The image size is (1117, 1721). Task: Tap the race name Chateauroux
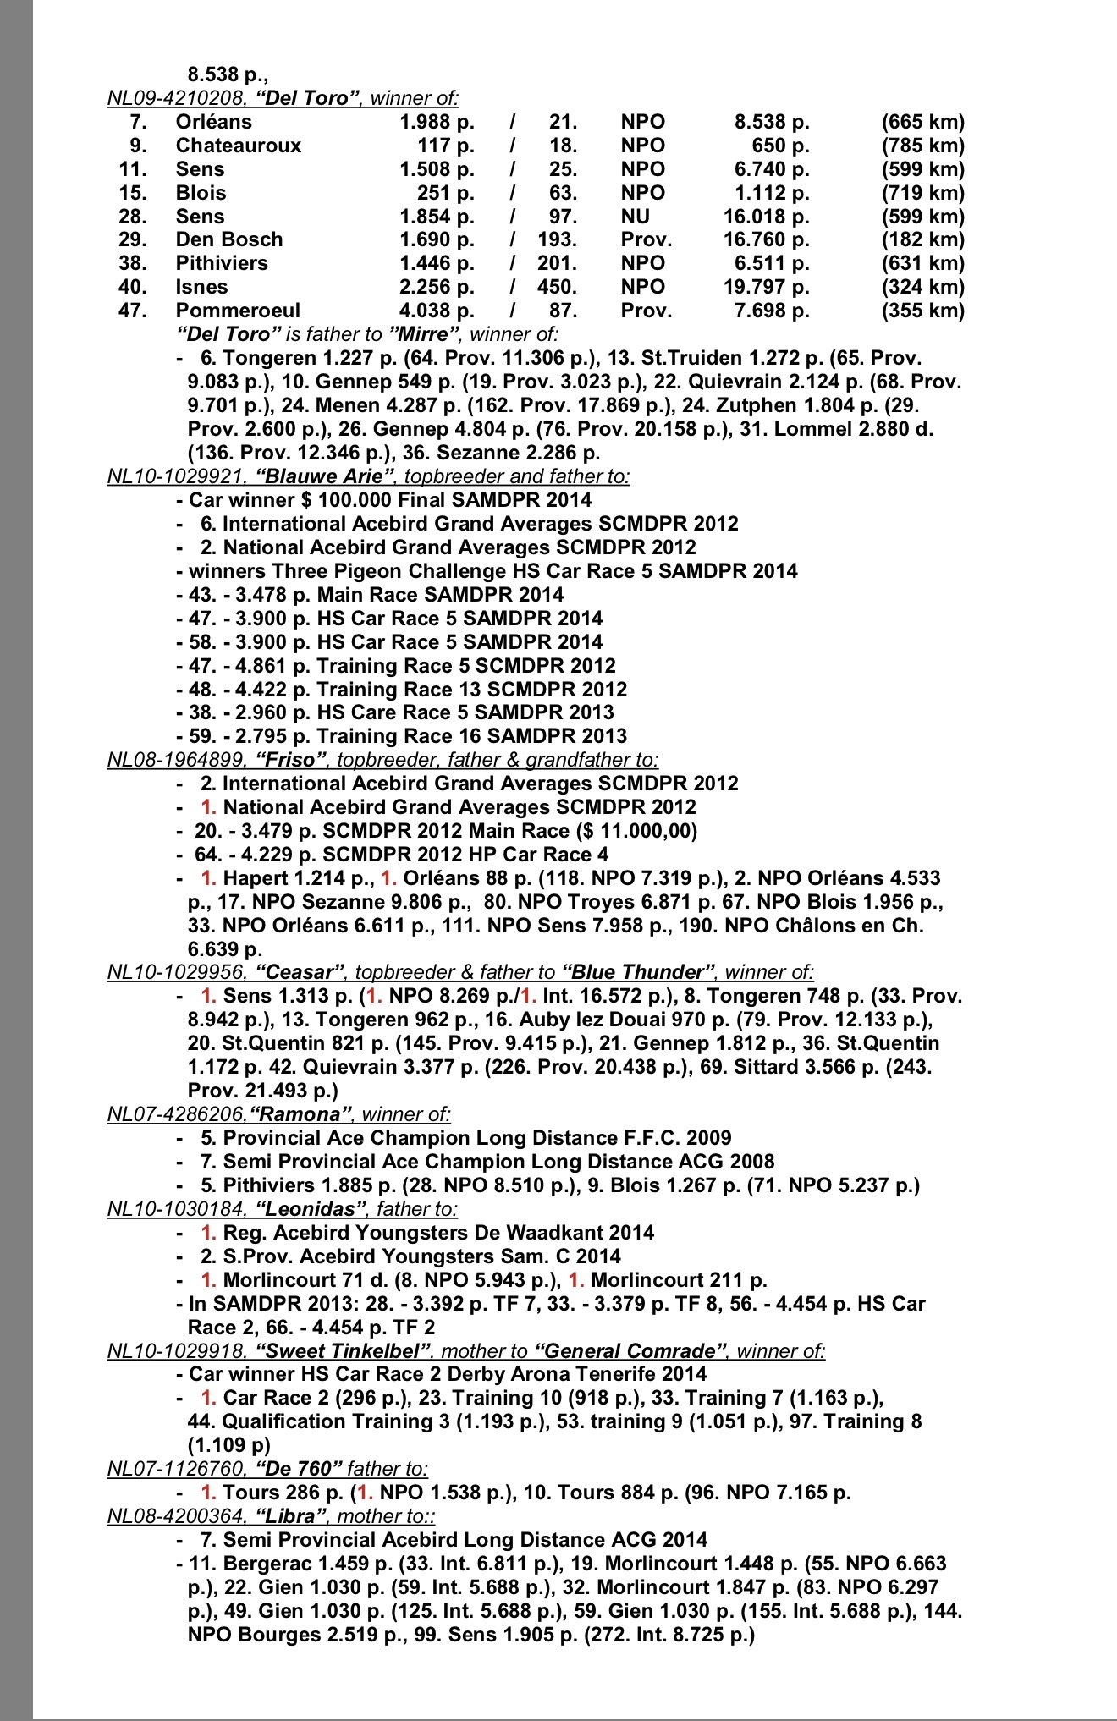point(238,146)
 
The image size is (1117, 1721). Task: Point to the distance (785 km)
point(922,146)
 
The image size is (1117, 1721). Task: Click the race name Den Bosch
point(228,239)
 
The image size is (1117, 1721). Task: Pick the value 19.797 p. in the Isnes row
point(766,287)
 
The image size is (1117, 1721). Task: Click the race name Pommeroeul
point(238,311)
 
